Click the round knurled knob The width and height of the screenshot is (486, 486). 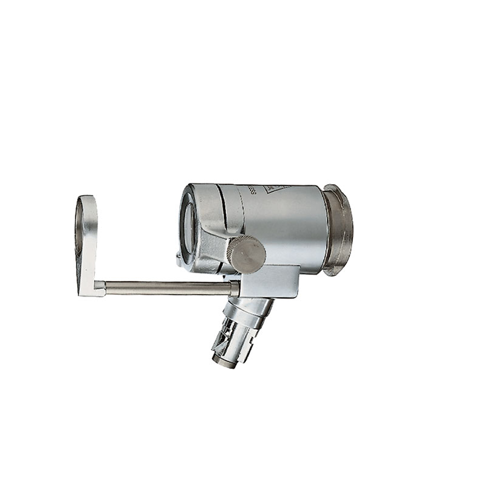[x=246, y=254]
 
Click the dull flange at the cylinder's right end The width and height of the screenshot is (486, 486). [x=338, y=230]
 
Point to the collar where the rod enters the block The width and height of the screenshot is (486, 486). [x=234, y=287]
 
